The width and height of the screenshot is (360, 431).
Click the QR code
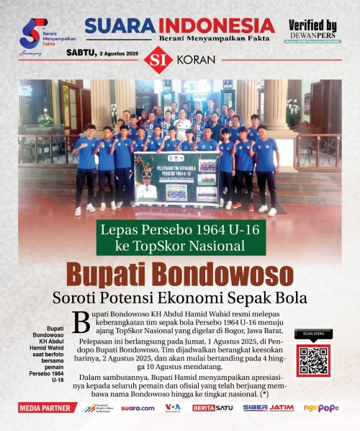[314, 360]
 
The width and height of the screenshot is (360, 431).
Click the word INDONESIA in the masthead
[217, 25]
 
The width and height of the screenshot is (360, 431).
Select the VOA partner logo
[173, 408]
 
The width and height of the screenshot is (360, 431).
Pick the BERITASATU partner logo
[212, 408]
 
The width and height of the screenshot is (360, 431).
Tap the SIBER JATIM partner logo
[268, 408]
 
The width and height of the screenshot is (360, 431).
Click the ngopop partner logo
[321, 408]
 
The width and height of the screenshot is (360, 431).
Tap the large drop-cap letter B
[81, 322]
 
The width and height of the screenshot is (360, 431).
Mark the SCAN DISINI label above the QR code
[314, 334]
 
